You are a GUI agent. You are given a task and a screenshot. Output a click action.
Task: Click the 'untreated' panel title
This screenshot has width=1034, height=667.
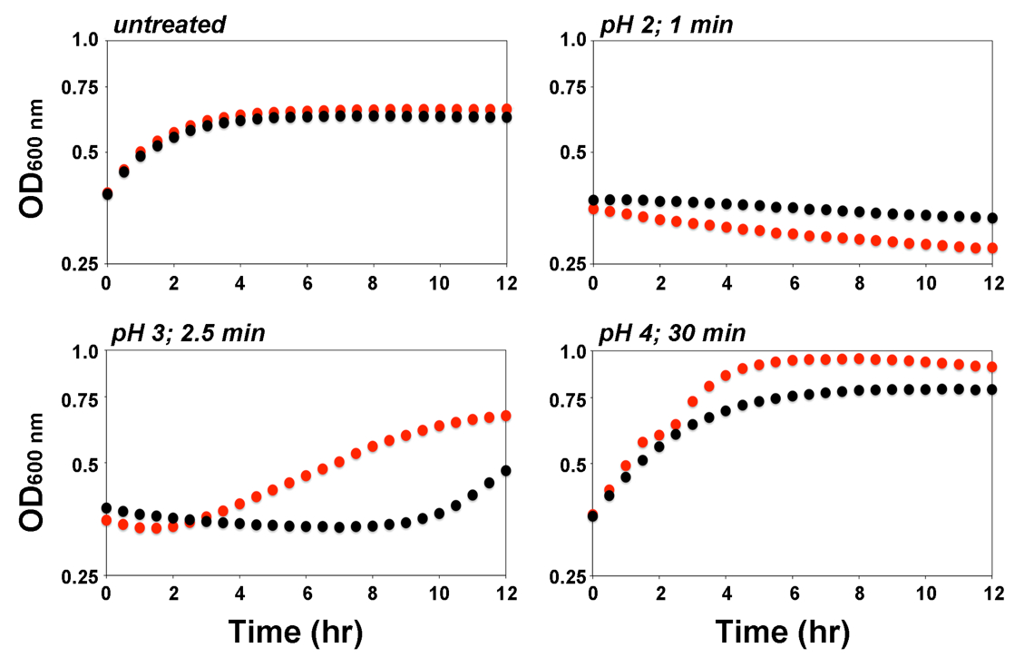click(169, 25)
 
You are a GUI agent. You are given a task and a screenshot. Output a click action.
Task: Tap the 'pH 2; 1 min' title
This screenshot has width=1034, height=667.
click(667, 25)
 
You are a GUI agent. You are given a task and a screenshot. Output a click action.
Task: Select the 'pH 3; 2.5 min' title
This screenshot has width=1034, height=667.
click(188, 333)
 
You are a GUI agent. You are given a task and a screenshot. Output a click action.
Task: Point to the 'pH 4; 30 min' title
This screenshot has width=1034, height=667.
click(672, 333)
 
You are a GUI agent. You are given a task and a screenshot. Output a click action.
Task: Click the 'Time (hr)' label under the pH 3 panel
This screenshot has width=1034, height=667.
click(295, 632)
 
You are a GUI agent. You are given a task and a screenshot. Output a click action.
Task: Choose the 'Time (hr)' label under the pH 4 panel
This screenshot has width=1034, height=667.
click(782, 632)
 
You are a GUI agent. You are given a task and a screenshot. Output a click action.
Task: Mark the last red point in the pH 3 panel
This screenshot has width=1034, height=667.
click(506, 416)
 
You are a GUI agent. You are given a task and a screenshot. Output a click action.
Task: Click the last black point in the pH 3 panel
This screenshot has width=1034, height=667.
click(506, 470)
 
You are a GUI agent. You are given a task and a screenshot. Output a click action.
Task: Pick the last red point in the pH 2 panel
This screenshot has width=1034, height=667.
click(992, 248)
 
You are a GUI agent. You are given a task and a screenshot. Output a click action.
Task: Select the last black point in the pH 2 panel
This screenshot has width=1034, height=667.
click(992, 218)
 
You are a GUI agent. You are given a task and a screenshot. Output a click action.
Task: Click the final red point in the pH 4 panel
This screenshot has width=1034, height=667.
click(992, 367)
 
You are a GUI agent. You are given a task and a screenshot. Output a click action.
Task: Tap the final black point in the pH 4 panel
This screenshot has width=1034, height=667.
click(992, 389)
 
